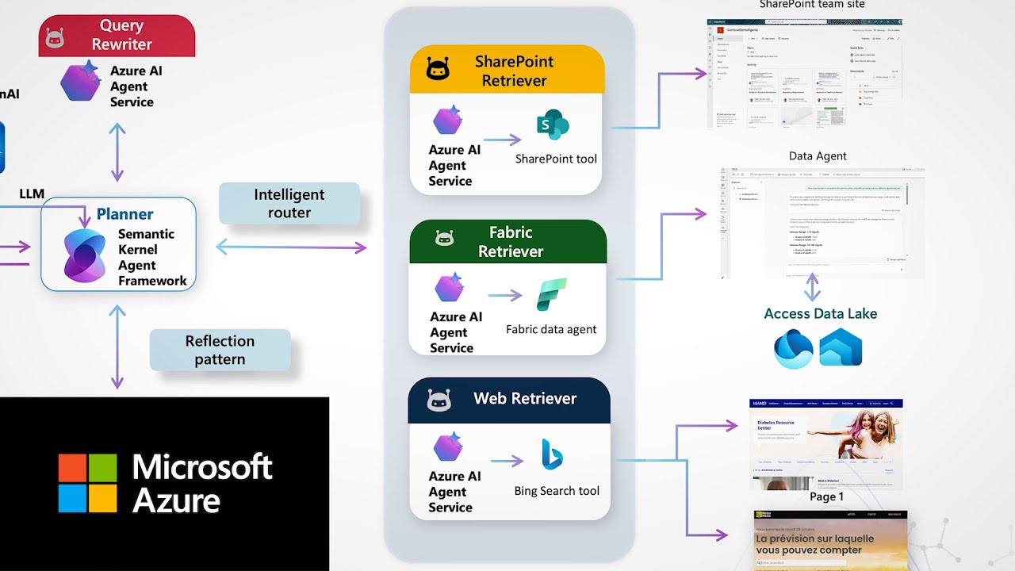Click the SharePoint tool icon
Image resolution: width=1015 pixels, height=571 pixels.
tap(553, 125)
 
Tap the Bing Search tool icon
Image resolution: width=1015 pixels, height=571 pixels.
tap(552, 455)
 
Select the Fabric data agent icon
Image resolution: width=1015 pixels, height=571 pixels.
tap(551, 295)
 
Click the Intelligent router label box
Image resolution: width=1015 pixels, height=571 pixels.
tap(289, 204)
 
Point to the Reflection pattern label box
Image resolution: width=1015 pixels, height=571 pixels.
tap(220, 350)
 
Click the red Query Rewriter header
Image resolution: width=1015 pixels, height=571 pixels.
tap(117, 36)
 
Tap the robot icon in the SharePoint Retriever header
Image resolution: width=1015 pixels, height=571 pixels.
tap(438, 71)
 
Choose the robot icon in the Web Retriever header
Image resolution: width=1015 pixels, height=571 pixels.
tap(439, 400)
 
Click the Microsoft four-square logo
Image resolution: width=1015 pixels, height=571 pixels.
tap(87, 482)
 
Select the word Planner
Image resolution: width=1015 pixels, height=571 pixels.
tap(124, 214)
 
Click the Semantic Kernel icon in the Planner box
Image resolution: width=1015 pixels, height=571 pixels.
tap(84, 255)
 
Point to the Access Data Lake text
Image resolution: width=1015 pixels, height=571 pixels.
tap(820, 313)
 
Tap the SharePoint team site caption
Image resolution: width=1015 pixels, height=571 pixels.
tap(811, 5)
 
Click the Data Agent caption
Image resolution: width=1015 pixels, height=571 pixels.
tap(818, 156)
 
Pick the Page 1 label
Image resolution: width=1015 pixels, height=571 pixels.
tap(826, 496)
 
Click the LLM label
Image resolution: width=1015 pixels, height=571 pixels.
tap(32, 194)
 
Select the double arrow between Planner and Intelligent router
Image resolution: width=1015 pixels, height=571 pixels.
tap(291, 248)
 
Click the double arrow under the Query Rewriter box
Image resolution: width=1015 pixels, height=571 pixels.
tap(117, 152)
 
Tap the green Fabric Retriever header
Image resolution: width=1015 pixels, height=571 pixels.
tap(507, 242)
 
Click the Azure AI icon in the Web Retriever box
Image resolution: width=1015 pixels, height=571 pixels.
tap(448, 447)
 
